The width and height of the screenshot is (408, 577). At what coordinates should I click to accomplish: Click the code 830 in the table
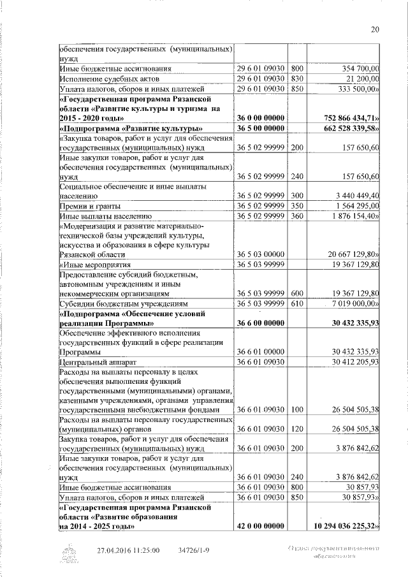296,78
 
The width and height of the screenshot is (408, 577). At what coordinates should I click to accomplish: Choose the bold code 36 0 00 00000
261,119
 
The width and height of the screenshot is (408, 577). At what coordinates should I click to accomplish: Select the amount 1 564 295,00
356,207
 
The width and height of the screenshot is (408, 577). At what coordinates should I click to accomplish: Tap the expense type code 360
296,217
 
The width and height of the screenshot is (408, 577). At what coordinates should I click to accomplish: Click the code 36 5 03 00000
261,254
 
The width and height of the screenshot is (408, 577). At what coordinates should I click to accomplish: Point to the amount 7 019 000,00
354,304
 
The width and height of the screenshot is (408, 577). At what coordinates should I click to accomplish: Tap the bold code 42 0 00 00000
261,527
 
